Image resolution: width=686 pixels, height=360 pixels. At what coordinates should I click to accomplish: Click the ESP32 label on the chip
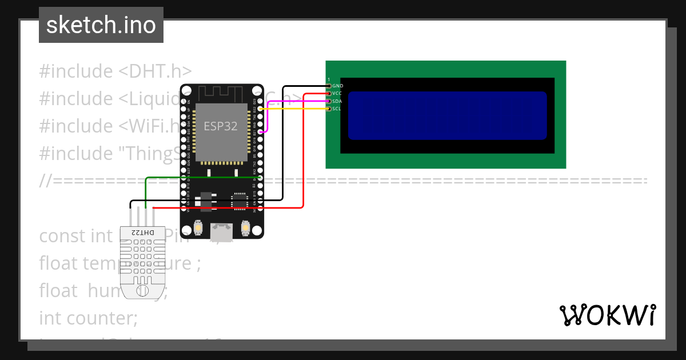[x=220, y=126]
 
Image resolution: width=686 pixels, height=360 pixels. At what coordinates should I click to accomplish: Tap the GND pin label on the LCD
[x=337, y=86]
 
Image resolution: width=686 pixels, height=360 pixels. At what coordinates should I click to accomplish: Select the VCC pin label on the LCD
[x=337, y=93]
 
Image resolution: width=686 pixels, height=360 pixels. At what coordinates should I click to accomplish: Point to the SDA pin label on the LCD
[x=337, y=101]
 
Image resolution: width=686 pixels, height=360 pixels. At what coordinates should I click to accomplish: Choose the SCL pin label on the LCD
[x=337, y=108]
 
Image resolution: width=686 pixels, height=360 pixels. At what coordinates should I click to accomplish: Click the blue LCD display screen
[x=447, y=115]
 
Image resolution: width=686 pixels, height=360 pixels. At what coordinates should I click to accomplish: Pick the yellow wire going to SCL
[x=297, y=108]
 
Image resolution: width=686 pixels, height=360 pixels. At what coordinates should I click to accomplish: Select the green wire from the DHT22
[x=200, y=178]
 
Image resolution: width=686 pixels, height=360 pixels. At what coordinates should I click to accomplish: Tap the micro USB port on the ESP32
[x=221, y=231]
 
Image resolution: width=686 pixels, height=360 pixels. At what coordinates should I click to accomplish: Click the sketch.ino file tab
[x=101, y=25]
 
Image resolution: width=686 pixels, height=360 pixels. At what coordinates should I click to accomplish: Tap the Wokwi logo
[x=607, y=315]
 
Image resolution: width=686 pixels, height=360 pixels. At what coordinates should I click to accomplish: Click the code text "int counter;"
[x=89, y=318]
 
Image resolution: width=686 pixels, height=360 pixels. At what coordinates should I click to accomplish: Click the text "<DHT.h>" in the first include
[x=155, y=71]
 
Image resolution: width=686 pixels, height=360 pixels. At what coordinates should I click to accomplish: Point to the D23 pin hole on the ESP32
[x=260, y=101]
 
